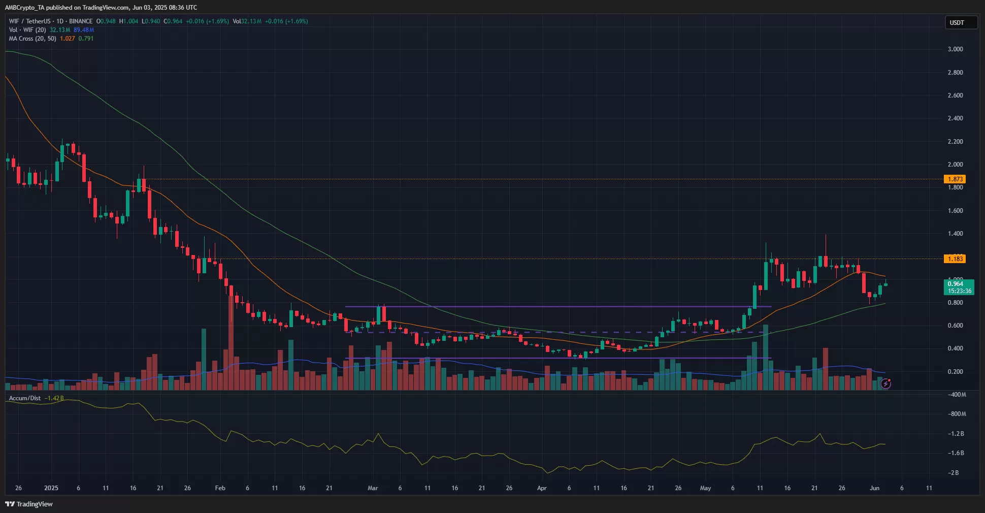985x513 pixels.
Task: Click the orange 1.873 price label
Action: (955, 179)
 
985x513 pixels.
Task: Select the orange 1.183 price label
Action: (955, 259)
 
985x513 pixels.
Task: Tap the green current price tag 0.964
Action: (958, 287)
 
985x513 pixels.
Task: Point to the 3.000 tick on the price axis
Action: (955, 49)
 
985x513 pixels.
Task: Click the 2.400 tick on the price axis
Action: (955, 118)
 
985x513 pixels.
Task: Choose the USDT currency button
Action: (960, 22)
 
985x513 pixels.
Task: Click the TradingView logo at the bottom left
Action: (29, 504)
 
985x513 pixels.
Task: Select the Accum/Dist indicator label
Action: (25, 398)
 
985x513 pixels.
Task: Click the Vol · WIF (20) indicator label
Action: (27, 30)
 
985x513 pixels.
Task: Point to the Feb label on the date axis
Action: (220, 488)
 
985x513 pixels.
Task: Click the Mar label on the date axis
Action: (373, 488)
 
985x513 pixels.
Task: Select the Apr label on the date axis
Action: (542, 488)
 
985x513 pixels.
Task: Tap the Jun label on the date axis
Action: (874, 488)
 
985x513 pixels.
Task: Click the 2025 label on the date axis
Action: (51, 488)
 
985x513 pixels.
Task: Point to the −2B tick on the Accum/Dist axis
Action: (954, 473)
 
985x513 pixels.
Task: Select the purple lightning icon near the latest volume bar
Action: (885, 383)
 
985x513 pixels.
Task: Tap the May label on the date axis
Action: (705, 488)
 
